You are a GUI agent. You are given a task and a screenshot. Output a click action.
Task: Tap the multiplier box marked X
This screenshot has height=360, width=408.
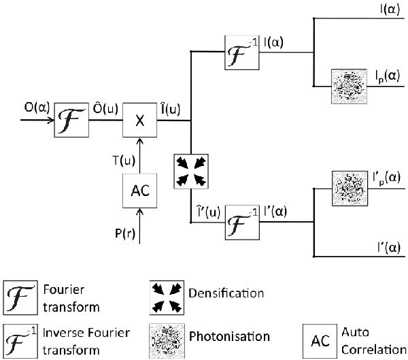pos(140,122)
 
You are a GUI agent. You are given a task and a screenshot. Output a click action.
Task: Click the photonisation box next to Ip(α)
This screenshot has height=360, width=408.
pos(347,86)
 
